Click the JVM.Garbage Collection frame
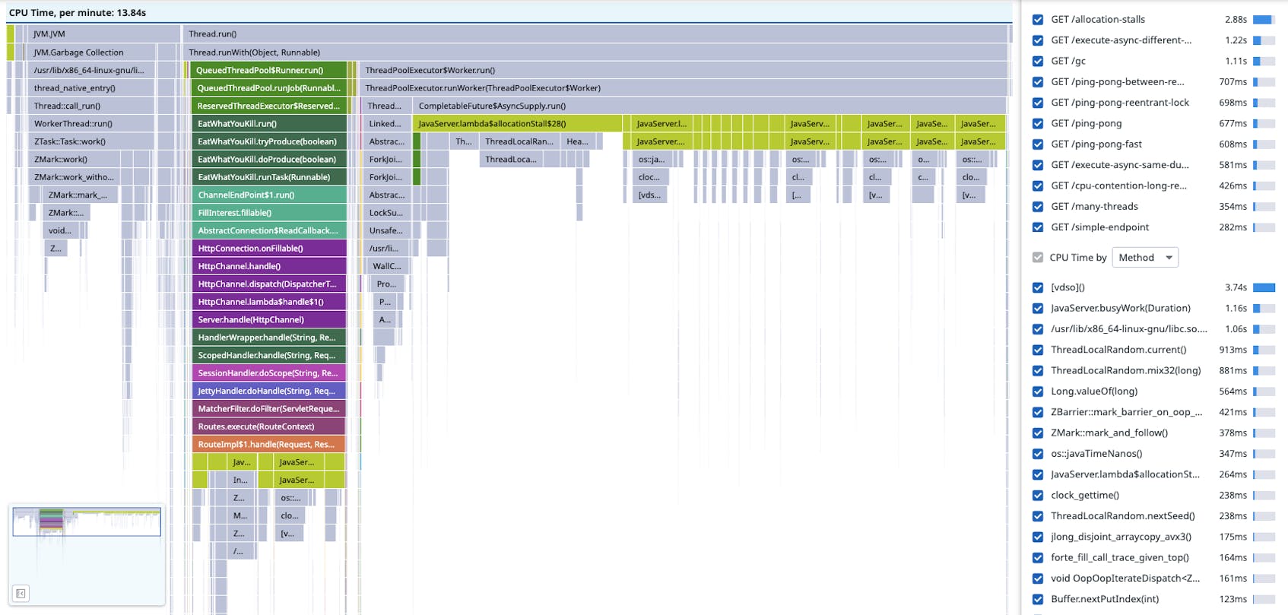click(78, 52)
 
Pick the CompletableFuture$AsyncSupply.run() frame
click(492, 106)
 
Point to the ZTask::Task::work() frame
click(70, 141)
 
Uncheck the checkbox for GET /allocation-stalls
click(1038, 20)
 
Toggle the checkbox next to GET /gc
click(1038, 61)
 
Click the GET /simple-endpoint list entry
click(1099, 227)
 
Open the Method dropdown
click(1145, 258)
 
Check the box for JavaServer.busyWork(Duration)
click(1038, 309)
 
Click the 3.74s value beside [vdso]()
click(1236, 287)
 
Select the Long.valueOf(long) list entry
click(1094, 392)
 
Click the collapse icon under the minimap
click(21, 594)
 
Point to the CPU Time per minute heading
click(78, 13)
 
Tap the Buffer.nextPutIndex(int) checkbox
click(1038, 599)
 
